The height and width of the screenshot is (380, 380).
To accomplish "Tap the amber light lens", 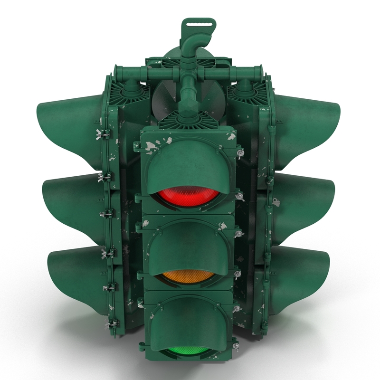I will click(x=189, y=276).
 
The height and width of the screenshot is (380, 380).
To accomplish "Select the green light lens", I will click(x=189, y=350).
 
